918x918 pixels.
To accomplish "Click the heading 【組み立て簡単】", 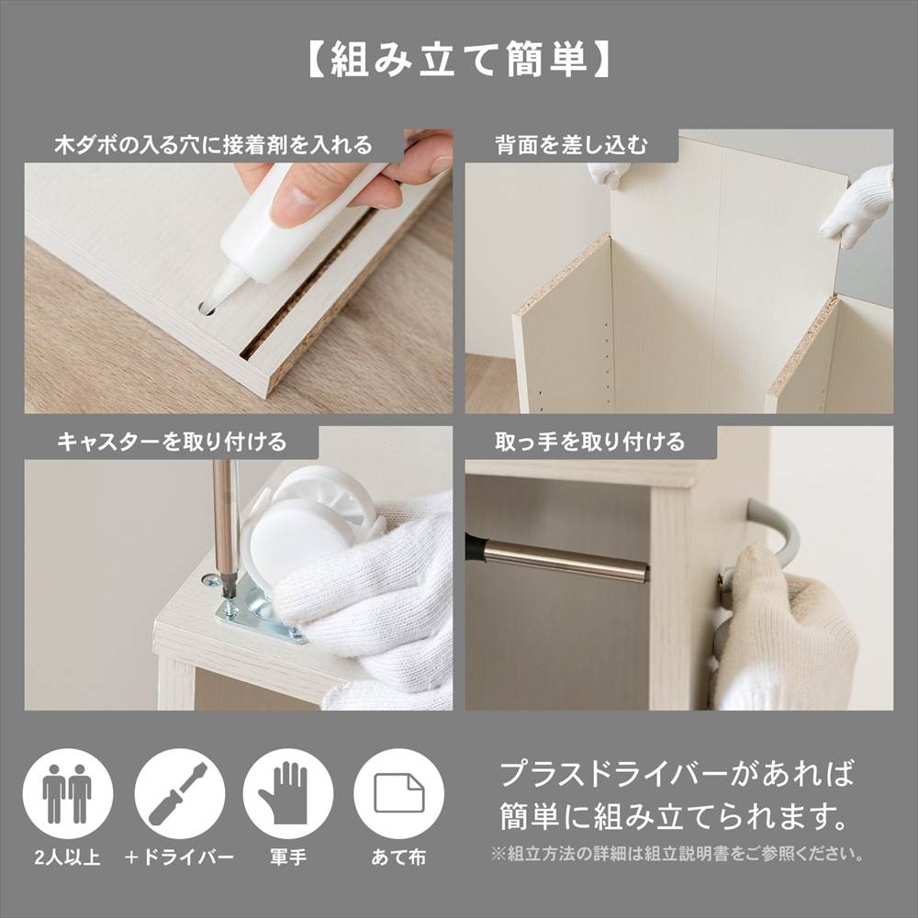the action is point(458,59).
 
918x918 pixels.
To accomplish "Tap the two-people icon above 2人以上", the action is point(67,793).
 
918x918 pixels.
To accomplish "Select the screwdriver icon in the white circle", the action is point(179,793).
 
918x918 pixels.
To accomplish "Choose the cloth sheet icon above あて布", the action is point(398,793).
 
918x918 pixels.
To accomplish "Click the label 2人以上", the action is point(67,857).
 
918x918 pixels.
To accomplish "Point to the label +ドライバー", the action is point(179,857).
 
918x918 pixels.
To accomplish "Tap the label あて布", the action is point(398,857).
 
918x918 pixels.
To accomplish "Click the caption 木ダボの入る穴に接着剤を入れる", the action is point(213,145).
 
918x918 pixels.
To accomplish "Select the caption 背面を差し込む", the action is point(571,145).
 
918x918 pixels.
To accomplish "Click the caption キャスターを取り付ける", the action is point(173,442).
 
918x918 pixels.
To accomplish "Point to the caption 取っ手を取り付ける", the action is point(589,442).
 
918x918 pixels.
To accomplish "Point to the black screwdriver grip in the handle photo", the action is point(475,545).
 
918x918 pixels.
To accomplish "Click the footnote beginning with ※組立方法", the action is point(678,854).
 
